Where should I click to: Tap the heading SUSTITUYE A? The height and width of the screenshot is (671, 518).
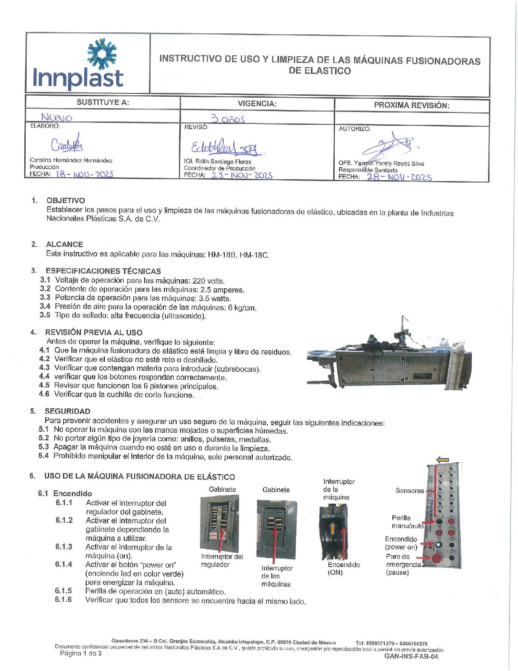(x=102, y=102)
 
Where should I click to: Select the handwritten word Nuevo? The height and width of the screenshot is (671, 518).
(x=57, y=117)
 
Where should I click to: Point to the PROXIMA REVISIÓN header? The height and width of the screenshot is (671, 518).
(x=411, y=105)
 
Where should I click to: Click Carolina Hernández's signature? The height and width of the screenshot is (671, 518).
(x=67, y=144)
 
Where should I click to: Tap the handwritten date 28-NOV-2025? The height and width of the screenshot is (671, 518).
(x=399, y=177)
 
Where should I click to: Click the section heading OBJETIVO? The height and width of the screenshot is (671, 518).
(x=66, y=201)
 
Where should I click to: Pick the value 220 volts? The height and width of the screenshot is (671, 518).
(x=208, y=281)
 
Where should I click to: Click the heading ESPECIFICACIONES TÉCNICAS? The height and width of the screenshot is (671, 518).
(x=103, y=271)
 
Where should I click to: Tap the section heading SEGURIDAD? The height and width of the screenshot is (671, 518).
(x=67, y=411)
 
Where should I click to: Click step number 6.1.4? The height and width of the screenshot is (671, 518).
(x=64, y=564)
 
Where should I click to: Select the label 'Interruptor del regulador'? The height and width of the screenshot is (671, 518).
(x=222, y=560)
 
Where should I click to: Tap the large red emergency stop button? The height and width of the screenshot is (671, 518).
(x=436, y=558)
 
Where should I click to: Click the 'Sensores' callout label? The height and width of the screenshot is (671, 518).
(x=409, y=490)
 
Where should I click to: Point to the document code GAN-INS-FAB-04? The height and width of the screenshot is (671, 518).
(x=411, y=656)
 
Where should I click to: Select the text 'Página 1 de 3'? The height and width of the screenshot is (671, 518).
(x=80, y=653)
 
